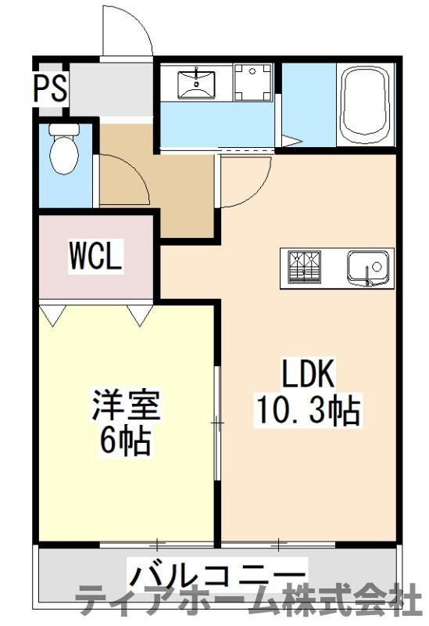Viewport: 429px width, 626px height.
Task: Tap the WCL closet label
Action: tap(95, 256)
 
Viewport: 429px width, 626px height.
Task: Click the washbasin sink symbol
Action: tap(196, 83)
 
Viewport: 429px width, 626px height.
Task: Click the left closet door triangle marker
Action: tap(53, 315)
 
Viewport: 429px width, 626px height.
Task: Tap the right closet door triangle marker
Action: tap(141, 315)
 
